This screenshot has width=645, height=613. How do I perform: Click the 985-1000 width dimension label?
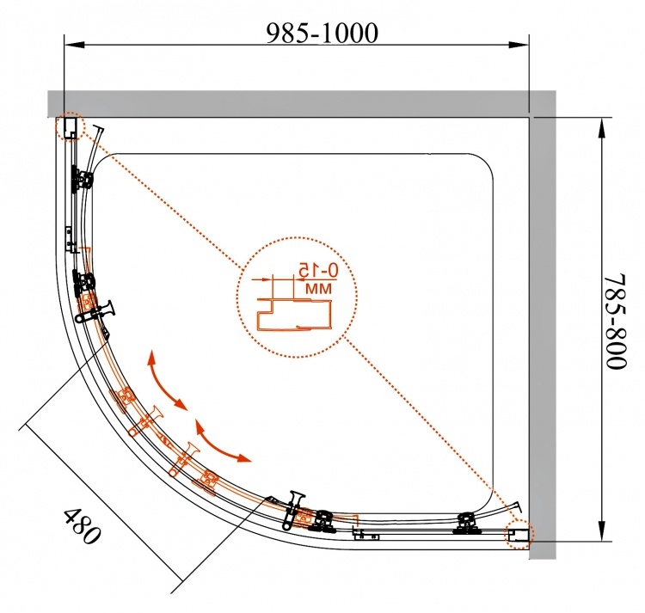coord(322,33)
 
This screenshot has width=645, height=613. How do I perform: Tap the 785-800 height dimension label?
coord(616,322)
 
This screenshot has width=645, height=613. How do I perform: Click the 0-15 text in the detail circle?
coord(318,270)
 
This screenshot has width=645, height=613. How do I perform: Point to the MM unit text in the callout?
coord(318,288)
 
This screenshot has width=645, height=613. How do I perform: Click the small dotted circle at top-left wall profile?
coord(70,126)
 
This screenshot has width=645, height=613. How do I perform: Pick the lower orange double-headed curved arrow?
coord(222,441)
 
